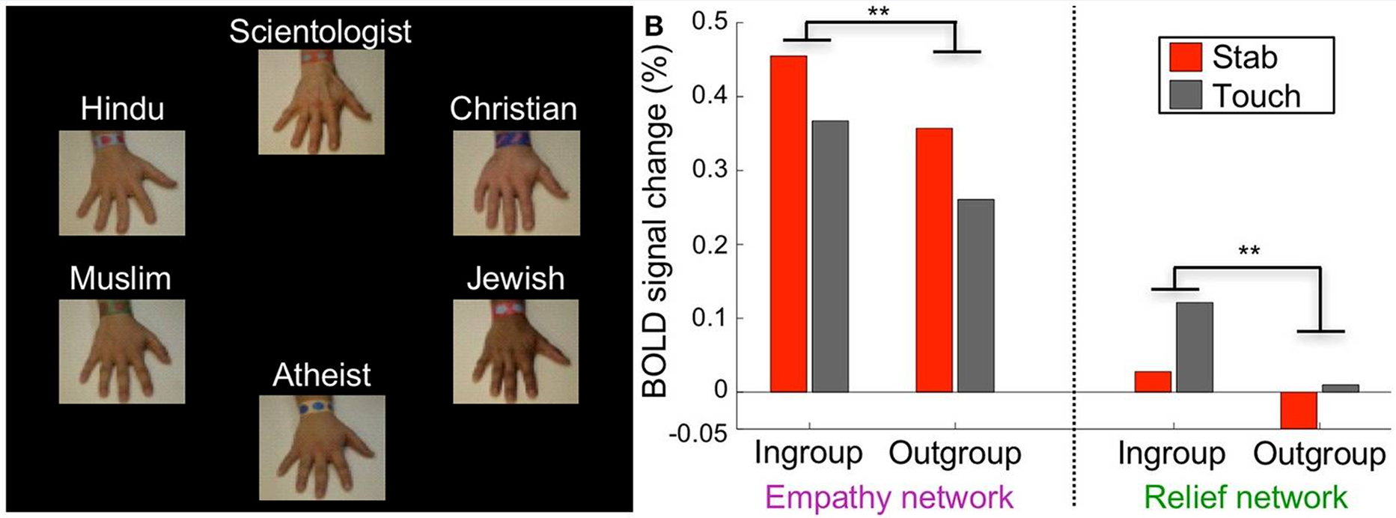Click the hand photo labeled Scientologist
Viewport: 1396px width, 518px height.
[321, 102]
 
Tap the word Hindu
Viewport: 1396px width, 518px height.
[122, 109]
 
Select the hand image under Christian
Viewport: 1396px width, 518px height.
[516, 183]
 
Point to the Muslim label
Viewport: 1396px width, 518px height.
[121, 278]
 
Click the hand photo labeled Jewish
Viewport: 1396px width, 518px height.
[516, 351]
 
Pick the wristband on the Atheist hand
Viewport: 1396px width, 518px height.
[321, 407]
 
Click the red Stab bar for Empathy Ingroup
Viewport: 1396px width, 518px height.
[789, 224]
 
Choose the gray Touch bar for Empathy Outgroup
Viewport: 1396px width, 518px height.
[975, 296]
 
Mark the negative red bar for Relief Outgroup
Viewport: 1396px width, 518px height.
[1298, 410]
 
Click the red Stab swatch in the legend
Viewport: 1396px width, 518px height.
[1186, 57]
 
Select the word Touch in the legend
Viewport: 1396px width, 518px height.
[1257, 96]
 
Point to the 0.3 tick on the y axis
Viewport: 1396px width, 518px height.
[710, 170]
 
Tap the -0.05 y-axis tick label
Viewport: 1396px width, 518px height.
[698, 433]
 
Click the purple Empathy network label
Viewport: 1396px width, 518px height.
[888, 498]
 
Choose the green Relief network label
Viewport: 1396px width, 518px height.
[1246, 498]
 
